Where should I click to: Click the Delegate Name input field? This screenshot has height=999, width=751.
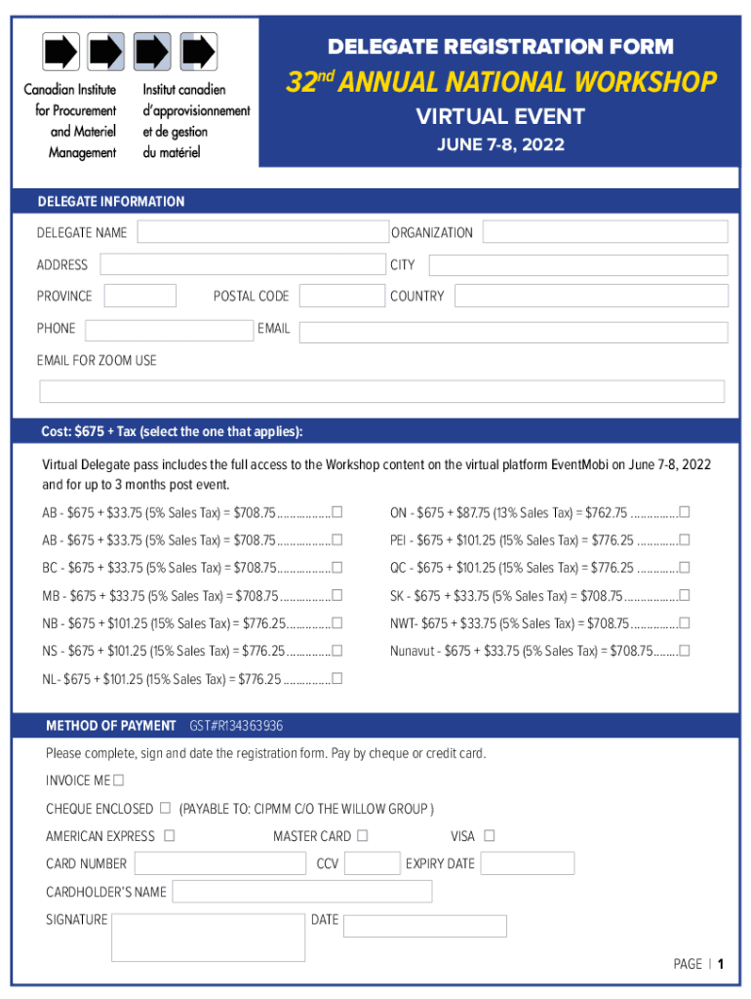261,232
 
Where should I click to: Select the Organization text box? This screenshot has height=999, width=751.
605,232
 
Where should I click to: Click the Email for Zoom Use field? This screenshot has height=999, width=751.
381,391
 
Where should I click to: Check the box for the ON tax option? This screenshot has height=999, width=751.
685,512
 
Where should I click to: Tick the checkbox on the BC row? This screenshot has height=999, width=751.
336,568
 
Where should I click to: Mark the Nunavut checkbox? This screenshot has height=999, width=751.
685,651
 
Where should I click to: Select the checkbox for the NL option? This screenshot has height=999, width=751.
336,679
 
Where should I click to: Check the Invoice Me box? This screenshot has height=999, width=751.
118,780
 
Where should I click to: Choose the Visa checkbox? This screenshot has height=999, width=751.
490,835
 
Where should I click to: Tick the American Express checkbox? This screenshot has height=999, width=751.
170,835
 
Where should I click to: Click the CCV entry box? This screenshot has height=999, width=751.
372,863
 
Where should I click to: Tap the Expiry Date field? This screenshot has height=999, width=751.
527,863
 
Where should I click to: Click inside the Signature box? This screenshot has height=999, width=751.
208,938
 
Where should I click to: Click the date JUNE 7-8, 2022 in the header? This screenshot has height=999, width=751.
500,145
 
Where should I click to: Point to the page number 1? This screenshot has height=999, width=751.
720,964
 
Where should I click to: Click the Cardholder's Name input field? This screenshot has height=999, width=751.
301,892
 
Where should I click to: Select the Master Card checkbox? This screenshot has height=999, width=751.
363,835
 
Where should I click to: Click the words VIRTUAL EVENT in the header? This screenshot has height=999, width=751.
500,117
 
